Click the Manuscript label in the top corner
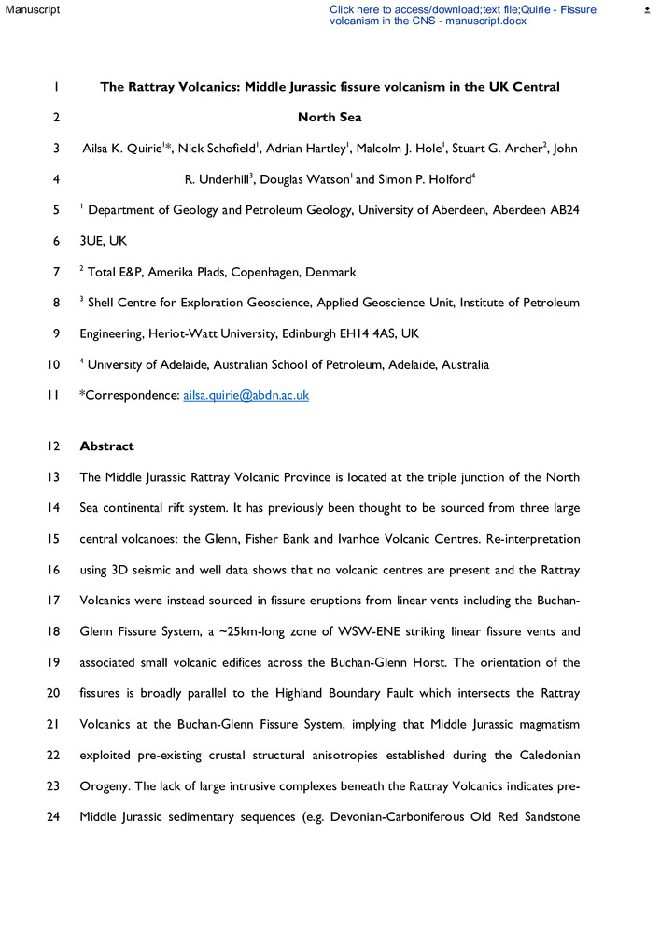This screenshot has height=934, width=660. (32, 9)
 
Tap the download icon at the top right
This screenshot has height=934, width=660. (647, 9)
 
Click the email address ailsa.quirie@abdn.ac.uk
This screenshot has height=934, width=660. (246, 395)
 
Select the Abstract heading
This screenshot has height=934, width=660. (107, 446)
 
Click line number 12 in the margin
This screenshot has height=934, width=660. (55, 446)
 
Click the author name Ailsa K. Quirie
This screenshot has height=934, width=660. (121, 148)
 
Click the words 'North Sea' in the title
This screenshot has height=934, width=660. (330, 118)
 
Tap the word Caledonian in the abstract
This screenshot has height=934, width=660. (546, 754)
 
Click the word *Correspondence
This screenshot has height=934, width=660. (130, 395)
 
